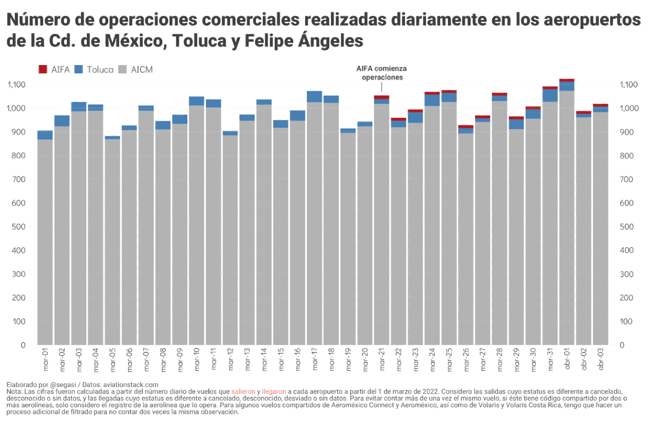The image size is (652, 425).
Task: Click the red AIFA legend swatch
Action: coord(43,70)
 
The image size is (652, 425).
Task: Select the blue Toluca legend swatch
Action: coord(79,70)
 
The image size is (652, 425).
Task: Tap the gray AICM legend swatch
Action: coord(122,70)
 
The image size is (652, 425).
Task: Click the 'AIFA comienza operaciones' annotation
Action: coord(381,73)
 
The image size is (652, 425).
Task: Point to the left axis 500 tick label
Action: coord(19,227)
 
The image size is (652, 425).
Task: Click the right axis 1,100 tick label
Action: coord(629,85)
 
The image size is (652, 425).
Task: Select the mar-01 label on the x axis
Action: coord(45,359)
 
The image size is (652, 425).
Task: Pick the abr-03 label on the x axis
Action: coord(601,359)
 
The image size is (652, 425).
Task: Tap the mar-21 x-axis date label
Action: coord(382,359)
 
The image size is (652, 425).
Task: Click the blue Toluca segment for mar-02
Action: coord(62,121)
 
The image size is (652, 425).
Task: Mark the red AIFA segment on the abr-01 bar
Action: coord(567,81)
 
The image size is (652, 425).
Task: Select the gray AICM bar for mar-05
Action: coord(112,241)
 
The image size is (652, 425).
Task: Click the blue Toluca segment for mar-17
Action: coord(314,96)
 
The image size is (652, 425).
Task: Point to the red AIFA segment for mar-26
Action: coord(466,127)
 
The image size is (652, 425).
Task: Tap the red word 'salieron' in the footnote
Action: coord(243,392)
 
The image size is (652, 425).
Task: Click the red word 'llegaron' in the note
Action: coord(274,392)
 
